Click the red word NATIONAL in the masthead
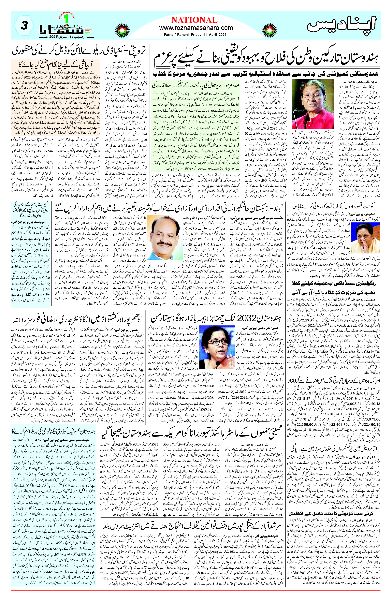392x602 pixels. click(194, 20)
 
